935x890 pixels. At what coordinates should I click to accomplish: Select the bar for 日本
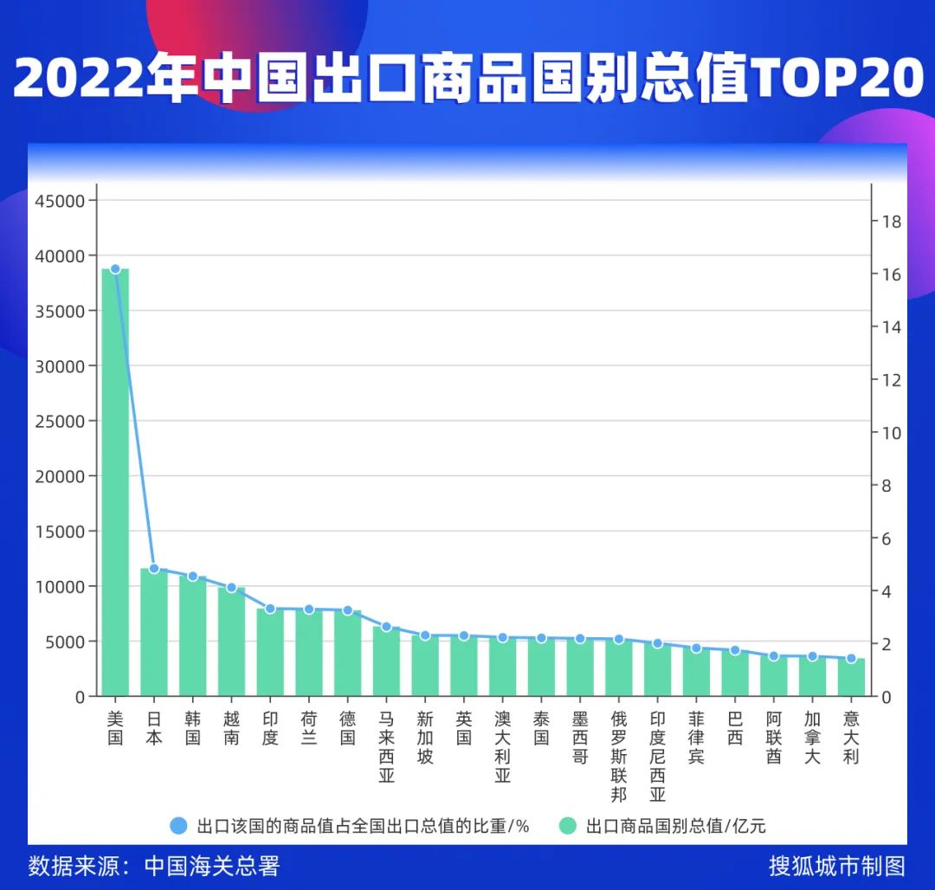(154, 632)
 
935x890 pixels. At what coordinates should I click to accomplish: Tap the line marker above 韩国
(193, 577)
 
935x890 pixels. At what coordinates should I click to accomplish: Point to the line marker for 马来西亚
(386, 627)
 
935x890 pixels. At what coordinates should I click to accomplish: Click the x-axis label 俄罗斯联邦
(618, 756)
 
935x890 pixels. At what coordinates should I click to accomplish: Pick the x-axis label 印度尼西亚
(657, 756)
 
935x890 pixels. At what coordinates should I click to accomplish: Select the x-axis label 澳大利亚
(502, 746)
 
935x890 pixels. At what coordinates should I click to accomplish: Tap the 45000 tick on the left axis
(61, 201)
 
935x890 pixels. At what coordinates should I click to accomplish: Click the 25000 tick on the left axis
(61, 422)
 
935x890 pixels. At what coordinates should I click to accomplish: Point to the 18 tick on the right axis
(891, 222)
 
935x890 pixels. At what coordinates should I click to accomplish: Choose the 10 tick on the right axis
(891, 433)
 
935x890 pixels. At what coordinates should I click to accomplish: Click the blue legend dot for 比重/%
(179, 825)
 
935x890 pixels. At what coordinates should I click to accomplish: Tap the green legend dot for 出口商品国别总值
(568, 825)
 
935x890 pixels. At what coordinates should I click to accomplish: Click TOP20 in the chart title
(836, 79)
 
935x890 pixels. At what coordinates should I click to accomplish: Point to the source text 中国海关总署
(212, 866)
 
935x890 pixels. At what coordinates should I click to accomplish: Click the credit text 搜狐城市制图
(836, 866)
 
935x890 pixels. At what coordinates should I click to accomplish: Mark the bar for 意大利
(851, 677)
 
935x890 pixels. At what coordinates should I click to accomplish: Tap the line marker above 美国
(115, 269)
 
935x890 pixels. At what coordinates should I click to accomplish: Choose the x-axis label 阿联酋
(773, 737)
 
